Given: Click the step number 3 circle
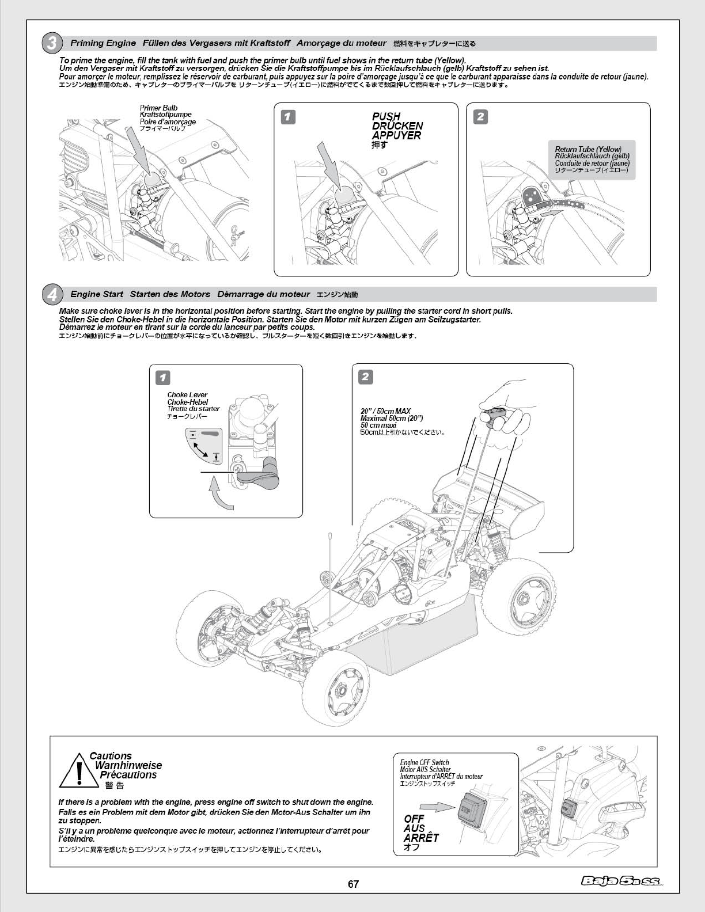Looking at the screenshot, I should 51,43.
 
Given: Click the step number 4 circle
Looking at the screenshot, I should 51,294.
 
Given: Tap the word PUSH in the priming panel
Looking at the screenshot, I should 386,116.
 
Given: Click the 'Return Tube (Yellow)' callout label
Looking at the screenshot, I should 588,150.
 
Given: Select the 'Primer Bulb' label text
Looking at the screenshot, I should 158,108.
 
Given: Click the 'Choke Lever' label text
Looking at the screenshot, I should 187,395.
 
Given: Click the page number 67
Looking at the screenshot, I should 352,884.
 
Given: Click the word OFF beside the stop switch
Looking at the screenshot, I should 414,818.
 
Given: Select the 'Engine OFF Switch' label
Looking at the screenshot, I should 424,762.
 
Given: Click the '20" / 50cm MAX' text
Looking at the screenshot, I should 385,411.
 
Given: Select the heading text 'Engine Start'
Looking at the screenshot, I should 97,294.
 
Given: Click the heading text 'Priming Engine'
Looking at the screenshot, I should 103,43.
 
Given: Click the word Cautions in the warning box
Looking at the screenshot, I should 111,756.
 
